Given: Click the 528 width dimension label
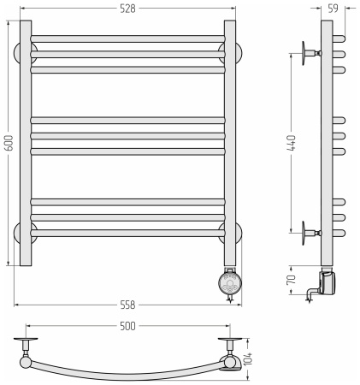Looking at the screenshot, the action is pos(127,9).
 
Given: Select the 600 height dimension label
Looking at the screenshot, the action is pos(9,143).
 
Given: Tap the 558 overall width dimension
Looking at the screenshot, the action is pos(127,305).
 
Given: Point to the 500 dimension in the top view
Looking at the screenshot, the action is pos(127,326).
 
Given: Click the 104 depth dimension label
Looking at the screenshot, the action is pos(248,358).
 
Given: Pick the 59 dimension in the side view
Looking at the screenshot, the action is pos(333,9).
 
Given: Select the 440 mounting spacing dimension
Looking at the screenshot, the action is pos(292,143).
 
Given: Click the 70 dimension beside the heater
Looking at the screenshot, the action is pos(292,280).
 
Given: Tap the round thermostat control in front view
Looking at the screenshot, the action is pos(230,282).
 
